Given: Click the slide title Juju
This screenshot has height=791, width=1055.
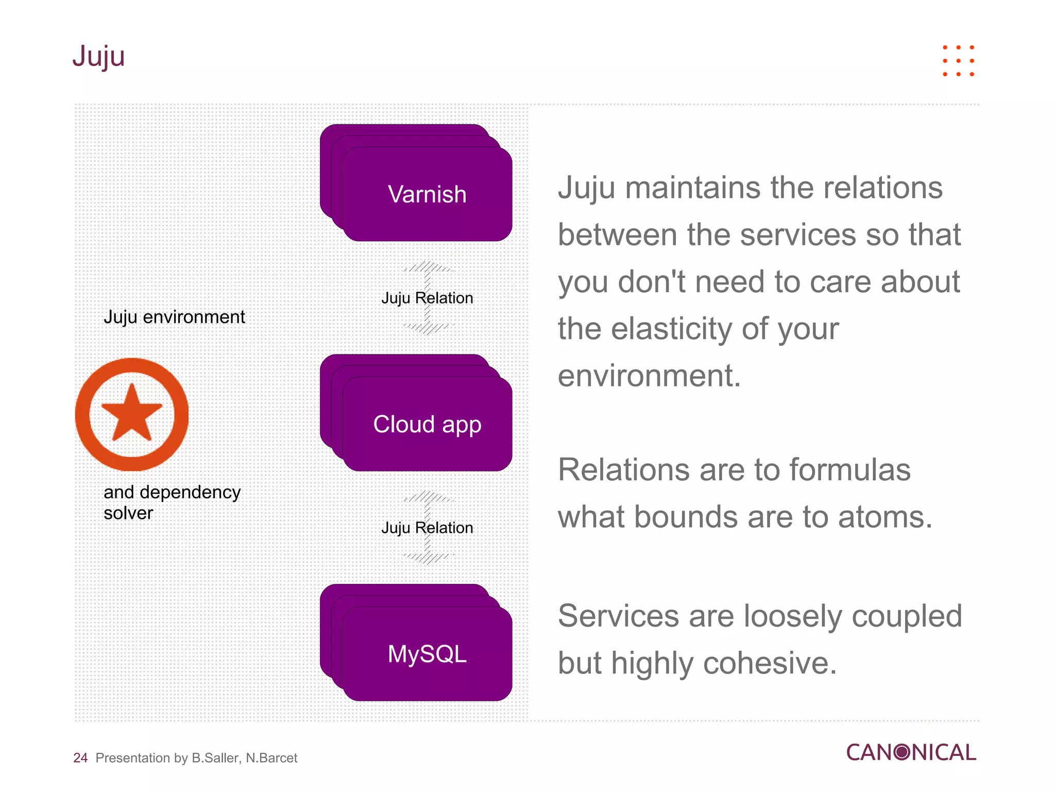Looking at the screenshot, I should (98, 57).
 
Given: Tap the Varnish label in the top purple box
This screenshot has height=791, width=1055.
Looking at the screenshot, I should (427, 195).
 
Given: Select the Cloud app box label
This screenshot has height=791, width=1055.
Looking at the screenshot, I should (427, 425).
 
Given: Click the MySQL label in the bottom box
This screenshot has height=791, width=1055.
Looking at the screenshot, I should (427, 654).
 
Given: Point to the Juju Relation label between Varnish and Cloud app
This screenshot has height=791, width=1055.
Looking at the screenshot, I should (427, 298).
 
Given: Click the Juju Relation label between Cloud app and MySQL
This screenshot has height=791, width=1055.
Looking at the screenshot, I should (427, 528).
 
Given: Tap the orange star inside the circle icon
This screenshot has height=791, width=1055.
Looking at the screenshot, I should (132, 414).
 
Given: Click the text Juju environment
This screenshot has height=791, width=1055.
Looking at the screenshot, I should (174, 317).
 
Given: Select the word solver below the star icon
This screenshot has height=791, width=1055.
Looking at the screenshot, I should (128, 513).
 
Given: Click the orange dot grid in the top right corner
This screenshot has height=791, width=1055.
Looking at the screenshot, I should (958, 61).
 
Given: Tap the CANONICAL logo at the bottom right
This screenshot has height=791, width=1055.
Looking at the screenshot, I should (911, 752).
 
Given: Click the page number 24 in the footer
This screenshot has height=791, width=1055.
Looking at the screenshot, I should (80, 758).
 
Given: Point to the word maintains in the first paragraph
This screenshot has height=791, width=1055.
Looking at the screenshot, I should (693, 188).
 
